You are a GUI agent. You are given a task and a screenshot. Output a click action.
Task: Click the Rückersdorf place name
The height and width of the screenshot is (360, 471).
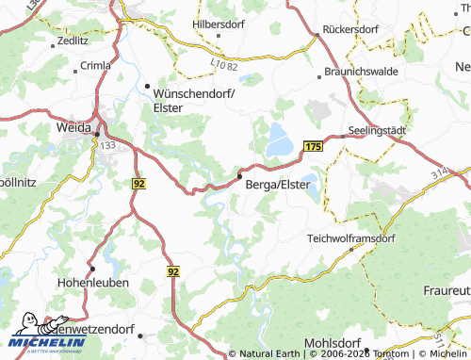click(350, 29)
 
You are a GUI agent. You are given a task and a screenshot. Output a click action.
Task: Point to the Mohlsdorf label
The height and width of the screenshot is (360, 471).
click(333, 342)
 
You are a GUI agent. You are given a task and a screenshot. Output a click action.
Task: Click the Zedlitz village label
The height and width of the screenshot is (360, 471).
click(72, 42)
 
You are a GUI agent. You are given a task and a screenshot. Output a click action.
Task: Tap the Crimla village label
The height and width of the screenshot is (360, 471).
click(95, 65)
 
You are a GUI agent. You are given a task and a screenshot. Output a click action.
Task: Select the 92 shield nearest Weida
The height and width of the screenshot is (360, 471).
click(139, 183)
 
